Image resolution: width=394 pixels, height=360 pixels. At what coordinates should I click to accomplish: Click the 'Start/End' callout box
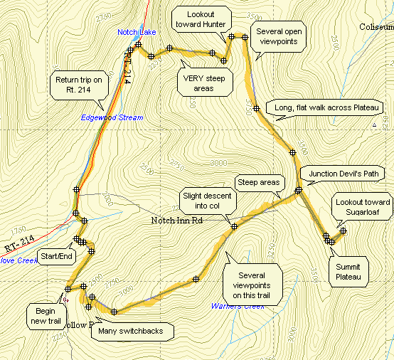pos(55,256)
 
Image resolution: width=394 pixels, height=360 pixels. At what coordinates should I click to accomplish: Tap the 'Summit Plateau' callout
pos(348,271)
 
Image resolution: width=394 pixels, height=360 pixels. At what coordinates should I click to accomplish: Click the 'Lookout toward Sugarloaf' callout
pos(363,207)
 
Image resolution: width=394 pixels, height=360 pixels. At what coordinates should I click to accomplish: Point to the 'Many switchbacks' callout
pos(133,330)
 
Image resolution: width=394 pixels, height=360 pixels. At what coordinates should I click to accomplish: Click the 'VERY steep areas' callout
pos(204,83)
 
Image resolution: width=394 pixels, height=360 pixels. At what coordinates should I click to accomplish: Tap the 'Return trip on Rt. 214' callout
pos(78,85)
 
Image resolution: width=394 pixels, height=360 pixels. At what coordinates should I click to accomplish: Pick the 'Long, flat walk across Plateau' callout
pos(329,107)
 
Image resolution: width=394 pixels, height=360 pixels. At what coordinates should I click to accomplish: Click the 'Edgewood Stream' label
pos(112,117)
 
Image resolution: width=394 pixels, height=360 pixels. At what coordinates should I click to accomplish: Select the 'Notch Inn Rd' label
pos(177,221)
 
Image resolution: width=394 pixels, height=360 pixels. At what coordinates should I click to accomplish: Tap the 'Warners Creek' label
pos(238,306)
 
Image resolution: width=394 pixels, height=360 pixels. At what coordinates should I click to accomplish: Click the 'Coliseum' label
pos(376,27)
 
